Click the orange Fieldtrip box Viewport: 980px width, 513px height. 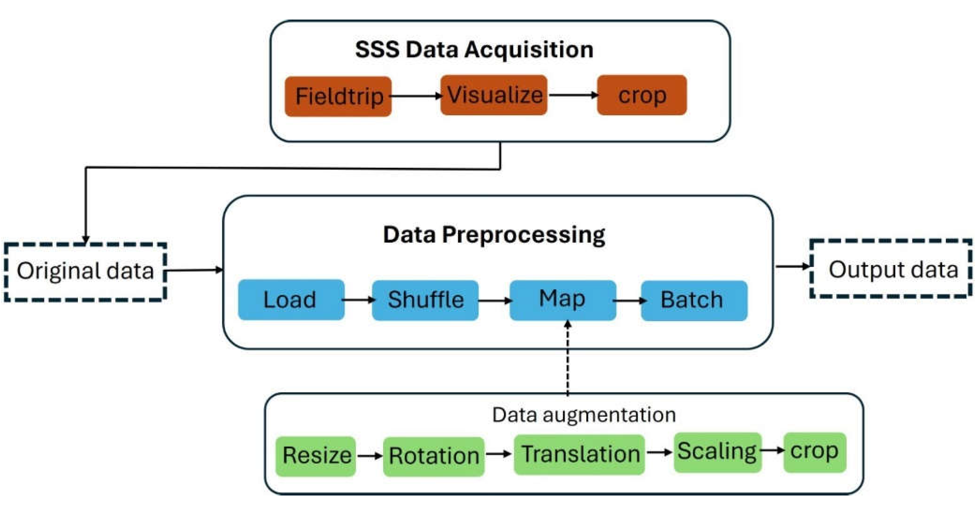click(x=338, y=96)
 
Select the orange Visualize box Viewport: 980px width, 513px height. click(x=493, y=95)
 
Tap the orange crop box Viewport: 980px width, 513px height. click(x=642, y=95)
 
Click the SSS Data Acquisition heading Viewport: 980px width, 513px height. click(x=474, y=49)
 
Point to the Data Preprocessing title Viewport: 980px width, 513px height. click(x=494, y=235)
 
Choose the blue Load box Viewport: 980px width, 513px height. click(x=291, y=300)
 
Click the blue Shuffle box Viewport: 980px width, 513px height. click(x=425, y=300)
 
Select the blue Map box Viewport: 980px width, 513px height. click(x=562, y=300)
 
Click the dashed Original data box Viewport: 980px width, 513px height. click(x=85, y=271)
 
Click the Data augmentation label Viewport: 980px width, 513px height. click(x=584, y=415)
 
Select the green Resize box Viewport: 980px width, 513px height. click(x=316, y=456)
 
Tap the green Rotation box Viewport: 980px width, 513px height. click(x=434, y=456)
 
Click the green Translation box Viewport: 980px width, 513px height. click(x=579, y=454)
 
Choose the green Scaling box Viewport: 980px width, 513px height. click(x=717, y=452)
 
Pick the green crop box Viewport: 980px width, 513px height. click(x=815, y=452)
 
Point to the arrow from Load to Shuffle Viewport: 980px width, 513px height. click(x=358, y=300)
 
